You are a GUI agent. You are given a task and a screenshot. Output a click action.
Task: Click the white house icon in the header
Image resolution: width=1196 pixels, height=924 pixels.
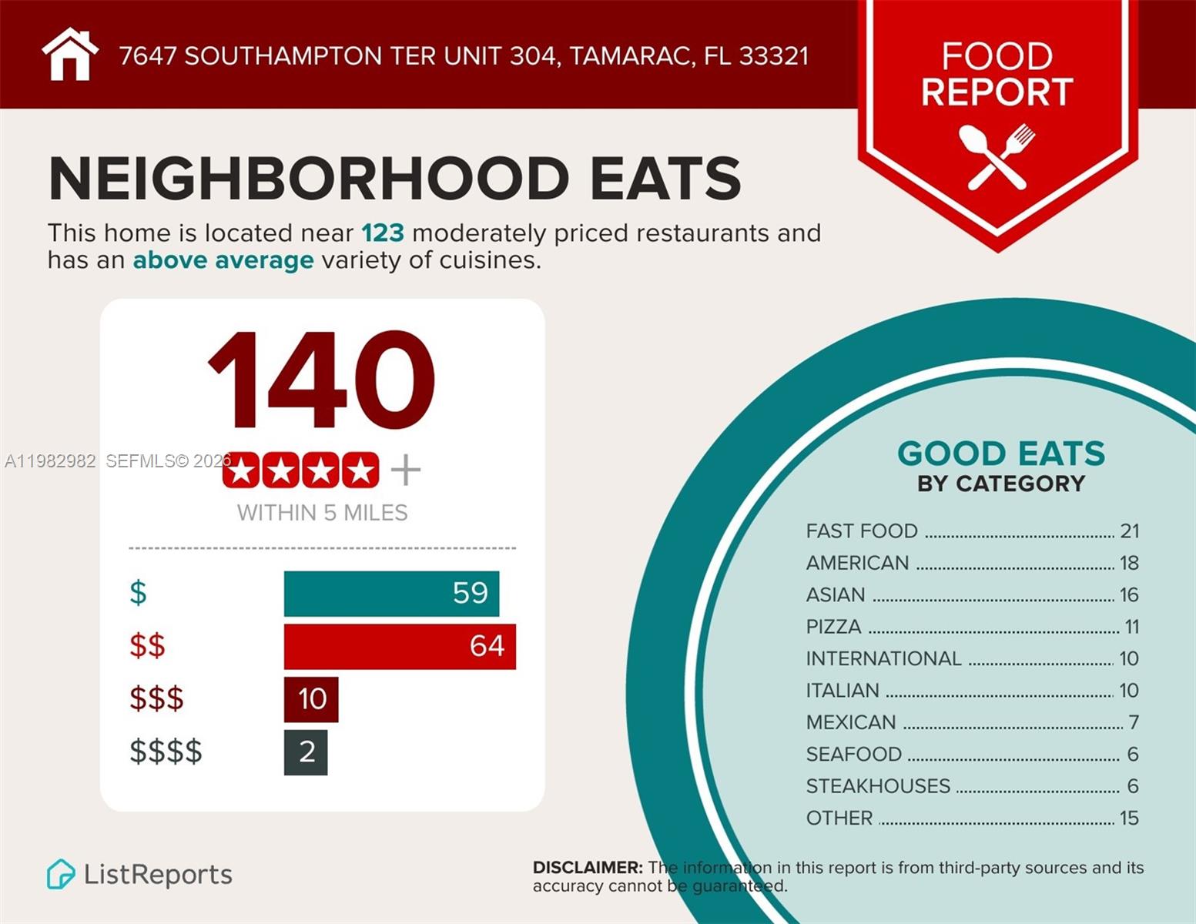70,55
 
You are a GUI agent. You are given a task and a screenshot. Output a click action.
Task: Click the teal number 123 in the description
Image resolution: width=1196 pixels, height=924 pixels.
382,233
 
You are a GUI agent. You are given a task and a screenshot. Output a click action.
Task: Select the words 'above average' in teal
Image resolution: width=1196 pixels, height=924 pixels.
223,260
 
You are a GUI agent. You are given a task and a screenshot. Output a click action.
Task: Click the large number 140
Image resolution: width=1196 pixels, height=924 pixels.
321,380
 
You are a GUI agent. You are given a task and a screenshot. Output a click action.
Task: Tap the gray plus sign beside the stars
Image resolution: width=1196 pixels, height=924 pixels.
406,470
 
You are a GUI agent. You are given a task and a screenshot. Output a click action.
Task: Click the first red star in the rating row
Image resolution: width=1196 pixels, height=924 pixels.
241,470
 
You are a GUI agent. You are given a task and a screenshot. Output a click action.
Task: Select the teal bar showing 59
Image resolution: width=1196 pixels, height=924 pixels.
391,594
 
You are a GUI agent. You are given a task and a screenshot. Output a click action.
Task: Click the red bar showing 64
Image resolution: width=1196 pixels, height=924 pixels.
400,646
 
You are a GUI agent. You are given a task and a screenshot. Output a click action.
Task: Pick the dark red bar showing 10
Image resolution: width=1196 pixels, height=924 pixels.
311,699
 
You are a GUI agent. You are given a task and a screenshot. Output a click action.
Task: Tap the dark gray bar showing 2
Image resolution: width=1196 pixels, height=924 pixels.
306,752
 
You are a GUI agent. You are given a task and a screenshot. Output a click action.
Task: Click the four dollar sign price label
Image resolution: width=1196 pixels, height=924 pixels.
166,752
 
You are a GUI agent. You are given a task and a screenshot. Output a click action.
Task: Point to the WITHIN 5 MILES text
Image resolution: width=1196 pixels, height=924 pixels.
322,513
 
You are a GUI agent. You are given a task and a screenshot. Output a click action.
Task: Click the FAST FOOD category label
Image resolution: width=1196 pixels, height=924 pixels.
862,531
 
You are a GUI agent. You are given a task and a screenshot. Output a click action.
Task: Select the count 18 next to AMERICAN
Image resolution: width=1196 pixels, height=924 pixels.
1129,563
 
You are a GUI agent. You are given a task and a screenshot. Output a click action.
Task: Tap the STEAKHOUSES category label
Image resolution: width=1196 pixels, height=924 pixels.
878,786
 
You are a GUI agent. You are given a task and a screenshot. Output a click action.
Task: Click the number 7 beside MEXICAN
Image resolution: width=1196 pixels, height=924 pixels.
1133,722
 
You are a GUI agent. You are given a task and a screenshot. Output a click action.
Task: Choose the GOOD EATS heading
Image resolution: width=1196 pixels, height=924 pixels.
1000,454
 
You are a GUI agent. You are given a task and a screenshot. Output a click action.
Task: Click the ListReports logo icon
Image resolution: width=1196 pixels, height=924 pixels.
61,875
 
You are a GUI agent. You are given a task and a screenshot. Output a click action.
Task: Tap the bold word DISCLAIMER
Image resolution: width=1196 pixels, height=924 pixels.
588,868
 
